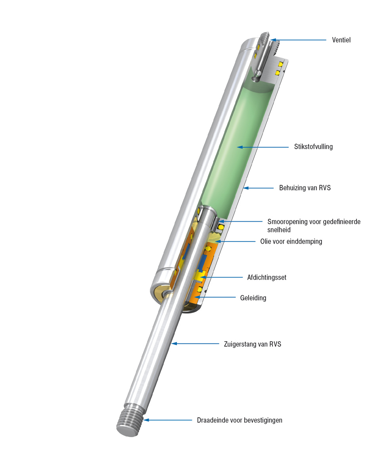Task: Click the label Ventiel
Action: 341,40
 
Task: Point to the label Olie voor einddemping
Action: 291,241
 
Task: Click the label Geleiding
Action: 253,297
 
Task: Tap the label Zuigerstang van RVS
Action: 253,344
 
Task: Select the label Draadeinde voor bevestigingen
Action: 239,420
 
